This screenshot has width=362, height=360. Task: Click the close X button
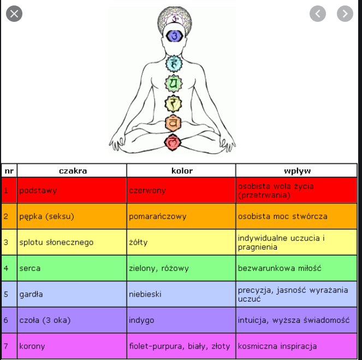(14, 14)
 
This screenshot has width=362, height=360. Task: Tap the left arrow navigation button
(318, 14)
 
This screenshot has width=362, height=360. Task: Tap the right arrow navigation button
(345, 14)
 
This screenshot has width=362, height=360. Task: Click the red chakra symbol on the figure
(173, 143)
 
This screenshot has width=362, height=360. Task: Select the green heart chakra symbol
(173, 84)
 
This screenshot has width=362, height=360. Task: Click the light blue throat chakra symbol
(173, 64)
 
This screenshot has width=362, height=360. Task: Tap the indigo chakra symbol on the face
(174, 36)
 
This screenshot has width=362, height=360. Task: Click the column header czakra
(73, 170)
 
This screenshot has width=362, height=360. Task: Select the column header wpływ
(297, 170)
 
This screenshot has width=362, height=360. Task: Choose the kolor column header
(181, 170)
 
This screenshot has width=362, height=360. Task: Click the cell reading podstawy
(38, 191)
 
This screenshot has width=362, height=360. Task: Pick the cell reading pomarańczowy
(158, 216)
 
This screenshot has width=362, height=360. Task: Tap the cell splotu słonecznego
(56, 242)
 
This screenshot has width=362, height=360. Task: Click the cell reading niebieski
(145, 294)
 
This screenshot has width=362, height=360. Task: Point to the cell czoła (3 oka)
(44, 320)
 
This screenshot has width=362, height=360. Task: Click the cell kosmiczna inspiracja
(277, 346)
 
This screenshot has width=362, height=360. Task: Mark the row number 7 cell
(6, 346)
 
